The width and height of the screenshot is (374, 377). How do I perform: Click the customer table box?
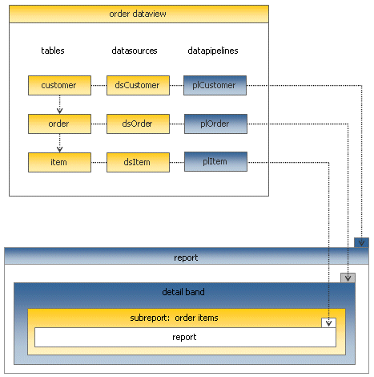click(59, 85)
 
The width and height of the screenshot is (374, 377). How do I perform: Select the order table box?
click(59, 124)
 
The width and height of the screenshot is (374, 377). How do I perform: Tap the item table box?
click(59, 162)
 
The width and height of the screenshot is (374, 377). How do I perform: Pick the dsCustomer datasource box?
click(138, 85)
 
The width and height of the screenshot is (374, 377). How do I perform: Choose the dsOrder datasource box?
click(138, 124)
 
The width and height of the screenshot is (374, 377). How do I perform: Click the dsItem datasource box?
click(138, 162)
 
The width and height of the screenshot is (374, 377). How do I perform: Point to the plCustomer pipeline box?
click(215, 85)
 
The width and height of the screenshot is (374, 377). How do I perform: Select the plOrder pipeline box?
click(215, 124)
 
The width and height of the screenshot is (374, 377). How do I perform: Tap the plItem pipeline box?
click(215, 161)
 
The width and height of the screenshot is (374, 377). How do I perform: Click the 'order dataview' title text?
click(138, 14)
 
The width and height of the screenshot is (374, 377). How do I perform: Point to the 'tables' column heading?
click(53, 51)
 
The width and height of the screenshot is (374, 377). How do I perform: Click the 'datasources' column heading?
click(135, 51)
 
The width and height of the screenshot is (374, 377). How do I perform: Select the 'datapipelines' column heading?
click(213, 51)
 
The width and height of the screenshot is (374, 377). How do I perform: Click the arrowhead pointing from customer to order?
click(59, 111)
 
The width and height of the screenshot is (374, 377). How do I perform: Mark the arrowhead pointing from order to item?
click(59, 149)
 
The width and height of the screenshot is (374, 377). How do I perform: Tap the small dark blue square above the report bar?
click(361, 242)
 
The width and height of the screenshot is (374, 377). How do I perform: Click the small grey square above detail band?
click(348, 278)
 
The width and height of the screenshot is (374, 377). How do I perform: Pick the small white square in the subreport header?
click(328, 322)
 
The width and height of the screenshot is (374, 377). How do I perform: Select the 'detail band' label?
click(183, 292)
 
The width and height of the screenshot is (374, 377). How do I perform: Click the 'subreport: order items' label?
click(174, 318)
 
